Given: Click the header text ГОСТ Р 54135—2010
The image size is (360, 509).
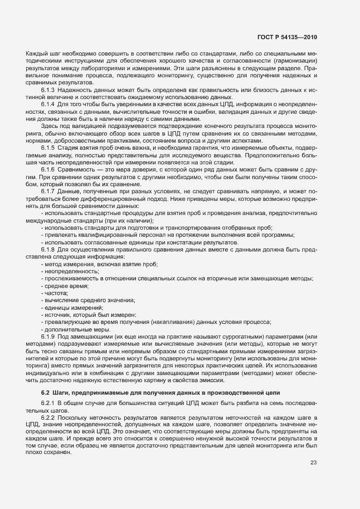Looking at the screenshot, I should [287, 37].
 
